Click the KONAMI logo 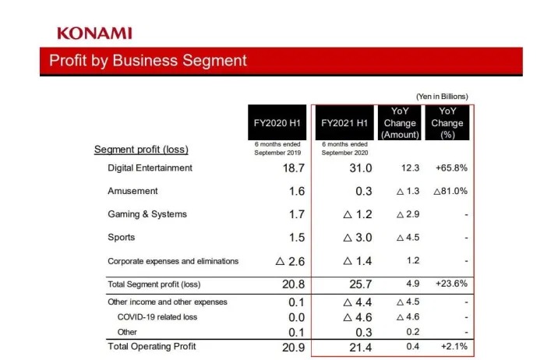[94, 33]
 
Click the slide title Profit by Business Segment [148, 61]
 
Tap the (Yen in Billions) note [442, 97]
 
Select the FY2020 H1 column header [277, 123]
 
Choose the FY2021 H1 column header [344, 123]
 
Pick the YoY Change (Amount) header [400, 123]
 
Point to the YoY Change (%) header [447, 123]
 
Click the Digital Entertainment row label [150, 168]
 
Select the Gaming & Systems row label [147, 214]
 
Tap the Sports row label [121, 237]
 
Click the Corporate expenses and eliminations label [173, 261]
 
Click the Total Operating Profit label [152, 345]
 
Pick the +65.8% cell [450, 168]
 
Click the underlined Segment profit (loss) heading [141, 149]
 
